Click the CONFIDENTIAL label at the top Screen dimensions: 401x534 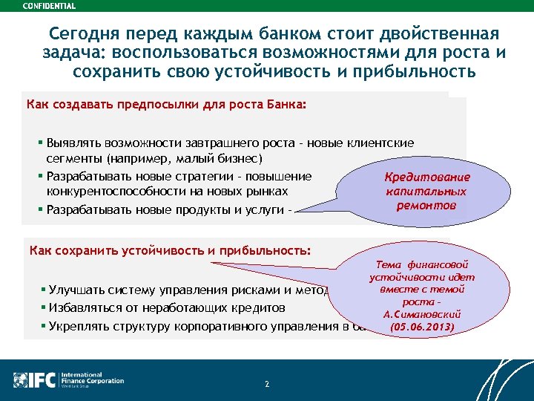(x=50, y=6)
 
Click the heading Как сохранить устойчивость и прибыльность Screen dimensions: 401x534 (x=171, y=250)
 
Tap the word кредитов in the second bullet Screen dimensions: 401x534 (x=259, y=307)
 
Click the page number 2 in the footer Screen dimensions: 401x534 (x=266, y=384)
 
